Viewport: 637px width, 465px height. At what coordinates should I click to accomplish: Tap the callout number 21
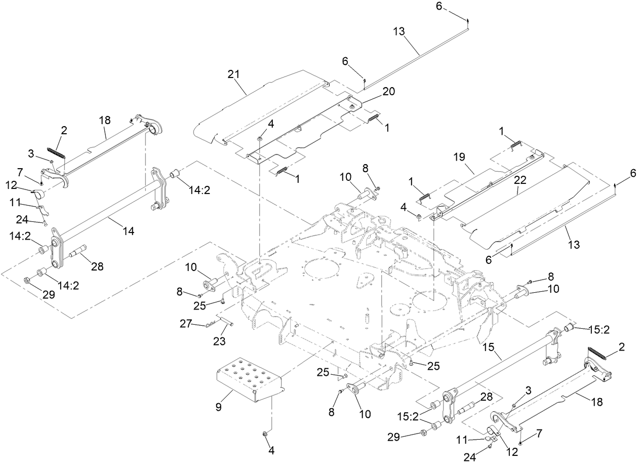tap(233, 75)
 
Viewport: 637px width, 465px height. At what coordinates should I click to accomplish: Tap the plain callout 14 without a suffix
tap(129, 230)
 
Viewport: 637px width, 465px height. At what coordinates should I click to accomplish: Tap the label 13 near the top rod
tap(399, 31)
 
